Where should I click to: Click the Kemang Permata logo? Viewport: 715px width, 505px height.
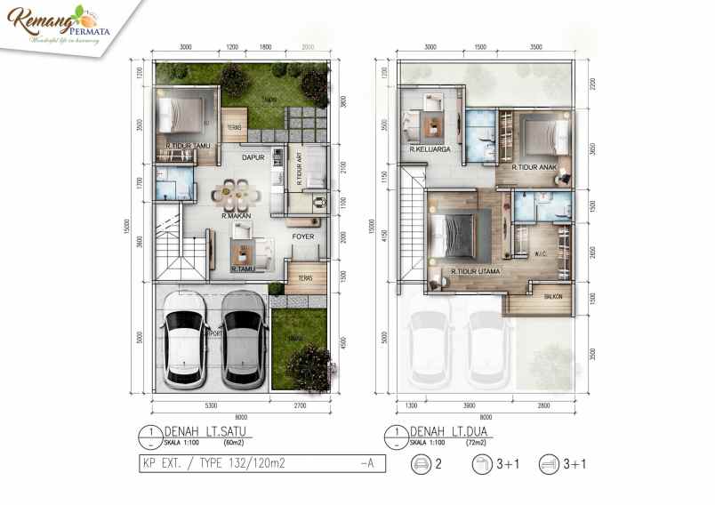tap(54, 26)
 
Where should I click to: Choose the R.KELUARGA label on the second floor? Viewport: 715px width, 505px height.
tap(430, 150)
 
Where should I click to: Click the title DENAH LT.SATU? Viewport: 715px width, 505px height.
tap(212, 431)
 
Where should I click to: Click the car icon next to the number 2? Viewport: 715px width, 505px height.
tap(421, 463)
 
